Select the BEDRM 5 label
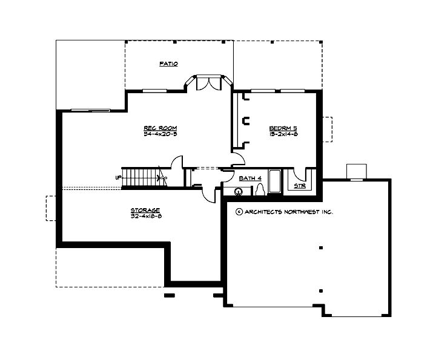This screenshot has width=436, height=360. point(282,128)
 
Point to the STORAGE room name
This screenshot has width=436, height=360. point(145,210)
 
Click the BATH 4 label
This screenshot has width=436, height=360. point(249,178)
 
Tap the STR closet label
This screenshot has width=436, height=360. point(299,186)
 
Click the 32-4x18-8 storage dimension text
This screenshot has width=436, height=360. point(145,216)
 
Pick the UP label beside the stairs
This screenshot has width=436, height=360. point(117,177)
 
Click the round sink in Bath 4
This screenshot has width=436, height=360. point(238,192)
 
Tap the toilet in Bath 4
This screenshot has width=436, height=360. point(260,191)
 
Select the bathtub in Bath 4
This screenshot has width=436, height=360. point(274,182)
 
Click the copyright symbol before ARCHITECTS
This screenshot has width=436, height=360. point(239,212)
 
